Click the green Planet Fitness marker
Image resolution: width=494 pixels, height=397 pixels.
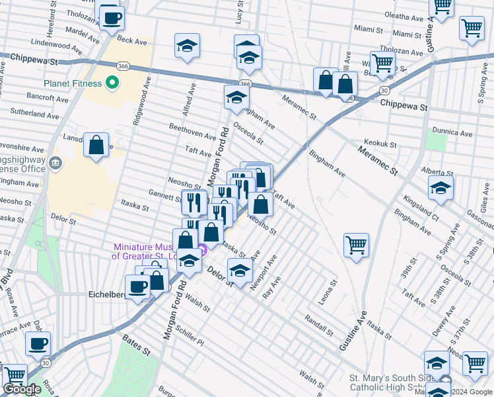[x=112, y=83]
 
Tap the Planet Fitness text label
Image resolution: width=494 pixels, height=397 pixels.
[x=73, y=83]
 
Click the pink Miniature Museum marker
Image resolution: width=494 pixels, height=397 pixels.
[x=203, y=250]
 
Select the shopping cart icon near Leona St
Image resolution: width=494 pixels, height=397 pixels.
[x=356, y=245]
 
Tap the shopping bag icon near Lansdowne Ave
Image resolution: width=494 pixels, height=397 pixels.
[x=96, y=147]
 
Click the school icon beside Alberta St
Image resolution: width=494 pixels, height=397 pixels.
[x=441, y=188]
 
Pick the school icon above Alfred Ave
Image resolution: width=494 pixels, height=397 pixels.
[x=188, y=46]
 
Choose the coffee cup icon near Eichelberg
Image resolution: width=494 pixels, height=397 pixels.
[x=138, y=287]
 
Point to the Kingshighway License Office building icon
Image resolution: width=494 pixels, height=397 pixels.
[x=55, y=162]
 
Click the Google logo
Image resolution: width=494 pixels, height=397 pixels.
[x=22, y=389]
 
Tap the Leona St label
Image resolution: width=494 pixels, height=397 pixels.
[x=328, y=286]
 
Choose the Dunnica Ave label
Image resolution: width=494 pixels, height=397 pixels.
[x=452, y=132]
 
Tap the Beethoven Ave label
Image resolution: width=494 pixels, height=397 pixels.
[x=193, y=130]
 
